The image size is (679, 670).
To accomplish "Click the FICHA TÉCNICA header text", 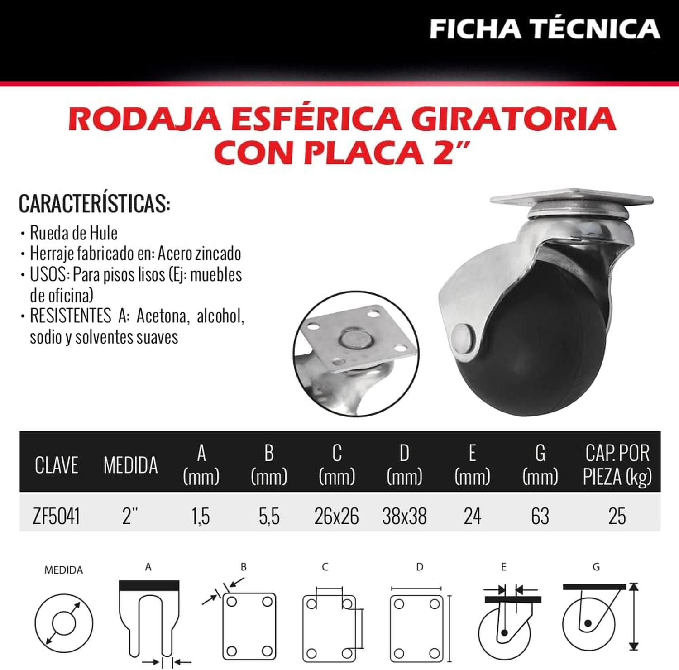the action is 545,29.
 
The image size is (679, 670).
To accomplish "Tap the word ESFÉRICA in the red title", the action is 316,119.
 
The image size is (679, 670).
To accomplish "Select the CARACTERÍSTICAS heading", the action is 94,204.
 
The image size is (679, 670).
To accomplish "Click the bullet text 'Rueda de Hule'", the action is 74,233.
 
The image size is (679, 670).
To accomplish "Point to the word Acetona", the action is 162,316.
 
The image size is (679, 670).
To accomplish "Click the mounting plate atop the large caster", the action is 572,198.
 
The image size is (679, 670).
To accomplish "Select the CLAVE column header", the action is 57,465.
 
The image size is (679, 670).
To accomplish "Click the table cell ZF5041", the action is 57,516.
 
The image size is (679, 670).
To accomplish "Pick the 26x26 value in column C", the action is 336,516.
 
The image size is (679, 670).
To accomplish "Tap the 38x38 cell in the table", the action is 404,516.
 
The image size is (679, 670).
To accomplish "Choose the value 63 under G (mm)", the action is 540,516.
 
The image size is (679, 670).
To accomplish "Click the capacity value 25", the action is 617,516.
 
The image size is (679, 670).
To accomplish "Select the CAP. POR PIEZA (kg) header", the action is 617,465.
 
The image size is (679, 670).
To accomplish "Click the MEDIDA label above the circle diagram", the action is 63,570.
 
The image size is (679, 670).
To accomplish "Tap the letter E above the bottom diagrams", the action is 504,567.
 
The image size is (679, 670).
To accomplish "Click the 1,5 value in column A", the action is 201,516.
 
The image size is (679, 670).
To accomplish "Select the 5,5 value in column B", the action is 269,516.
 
